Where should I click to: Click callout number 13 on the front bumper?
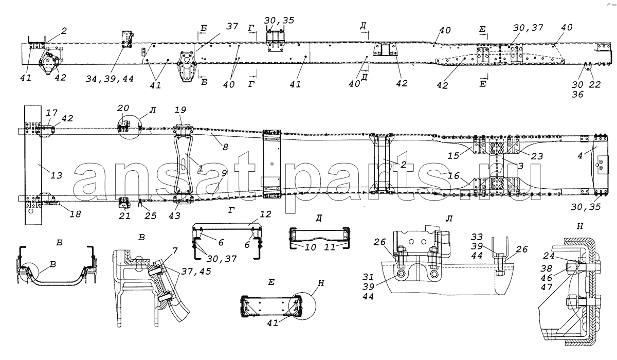(56, 175)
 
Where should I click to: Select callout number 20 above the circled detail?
(123, 108)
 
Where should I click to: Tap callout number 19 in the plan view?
(180, 110)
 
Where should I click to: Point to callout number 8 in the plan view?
(225, 147)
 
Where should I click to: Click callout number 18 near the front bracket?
(75, 214)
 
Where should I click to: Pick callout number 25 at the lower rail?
(151, 215)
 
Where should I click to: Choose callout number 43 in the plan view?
(174, 215)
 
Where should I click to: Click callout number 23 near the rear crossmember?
(537, 156)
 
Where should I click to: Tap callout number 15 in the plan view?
(453, 156)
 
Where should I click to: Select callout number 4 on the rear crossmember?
(580, 156)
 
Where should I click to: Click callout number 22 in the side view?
(594, 84)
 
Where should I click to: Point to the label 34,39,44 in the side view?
(110, 79)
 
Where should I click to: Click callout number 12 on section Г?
(265, 214)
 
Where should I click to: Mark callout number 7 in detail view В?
(175, 251)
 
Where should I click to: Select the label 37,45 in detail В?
(196, 272)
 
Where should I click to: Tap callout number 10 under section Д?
(310, 247)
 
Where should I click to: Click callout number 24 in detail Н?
(549, 256)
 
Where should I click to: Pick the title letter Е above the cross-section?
(271, 282)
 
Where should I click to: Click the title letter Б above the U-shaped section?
(59, 242)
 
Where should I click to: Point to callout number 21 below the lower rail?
(124, 215)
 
